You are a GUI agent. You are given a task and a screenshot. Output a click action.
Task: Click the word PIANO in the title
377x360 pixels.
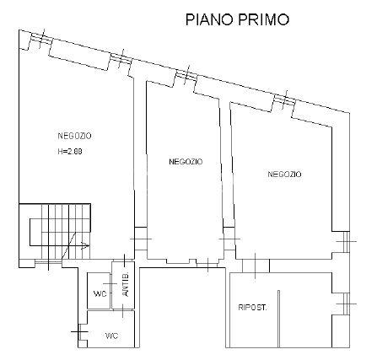209,19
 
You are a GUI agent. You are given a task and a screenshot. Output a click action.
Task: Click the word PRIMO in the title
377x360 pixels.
264,19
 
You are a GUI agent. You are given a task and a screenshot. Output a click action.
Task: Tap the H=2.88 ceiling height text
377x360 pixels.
70,152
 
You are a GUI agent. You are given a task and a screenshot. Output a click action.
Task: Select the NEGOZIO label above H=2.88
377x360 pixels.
74,136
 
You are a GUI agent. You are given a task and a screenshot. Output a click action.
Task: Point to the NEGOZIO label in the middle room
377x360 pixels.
186,162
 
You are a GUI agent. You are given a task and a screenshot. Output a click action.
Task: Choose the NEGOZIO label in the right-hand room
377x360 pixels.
284,175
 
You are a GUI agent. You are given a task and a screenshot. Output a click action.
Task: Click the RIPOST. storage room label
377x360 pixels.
252,308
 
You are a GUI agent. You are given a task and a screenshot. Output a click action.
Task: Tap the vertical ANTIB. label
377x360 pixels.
126,284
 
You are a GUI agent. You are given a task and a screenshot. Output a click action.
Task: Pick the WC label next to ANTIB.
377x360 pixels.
100,294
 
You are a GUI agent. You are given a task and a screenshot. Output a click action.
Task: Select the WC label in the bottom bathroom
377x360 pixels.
111,336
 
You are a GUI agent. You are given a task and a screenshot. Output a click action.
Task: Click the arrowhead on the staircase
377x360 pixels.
85,246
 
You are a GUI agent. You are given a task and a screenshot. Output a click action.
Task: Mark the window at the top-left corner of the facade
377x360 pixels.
41,39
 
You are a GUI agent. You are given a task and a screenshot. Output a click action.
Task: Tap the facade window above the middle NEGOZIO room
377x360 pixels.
186,75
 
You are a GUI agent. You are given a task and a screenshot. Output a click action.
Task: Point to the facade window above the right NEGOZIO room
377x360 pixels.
284,99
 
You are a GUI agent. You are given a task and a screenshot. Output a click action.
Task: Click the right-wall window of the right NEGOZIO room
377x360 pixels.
347,241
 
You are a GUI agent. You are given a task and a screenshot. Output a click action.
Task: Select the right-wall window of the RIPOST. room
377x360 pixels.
347,304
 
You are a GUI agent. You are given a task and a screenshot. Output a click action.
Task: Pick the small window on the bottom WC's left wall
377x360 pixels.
80,332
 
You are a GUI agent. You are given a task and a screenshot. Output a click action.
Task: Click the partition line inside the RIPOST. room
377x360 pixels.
278,319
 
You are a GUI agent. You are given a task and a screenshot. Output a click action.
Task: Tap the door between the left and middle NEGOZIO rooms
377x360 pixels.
141,239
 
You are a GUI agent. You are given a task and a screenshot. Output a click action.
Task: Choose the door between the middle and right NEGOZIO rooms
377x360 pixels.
229,239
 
